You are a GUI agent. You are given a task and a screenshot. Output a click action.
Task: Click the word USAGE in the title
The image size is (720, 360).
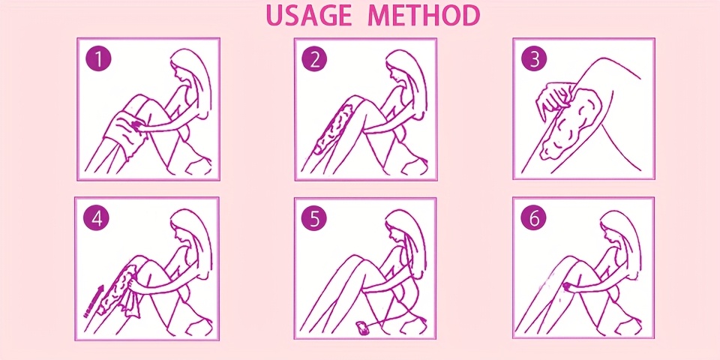pos(308,16)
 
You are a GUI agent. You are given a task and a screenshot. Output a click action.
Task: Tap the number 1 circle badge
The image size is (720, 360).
pos(98,59)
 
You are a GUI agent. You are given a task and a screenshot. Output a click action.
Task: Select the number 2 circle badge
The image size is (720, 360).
pos(314,60)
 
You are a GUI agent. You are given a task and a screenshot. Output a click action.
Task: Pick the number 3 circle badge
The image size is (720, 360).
pos(534,60)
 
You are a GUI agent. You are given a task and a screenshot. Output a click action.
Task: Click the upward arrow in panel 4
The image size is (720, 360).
pos(94,301)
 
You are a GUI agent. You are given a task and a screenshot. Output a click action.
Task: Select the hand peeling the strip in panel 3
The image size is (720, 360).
pos(557,99)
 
